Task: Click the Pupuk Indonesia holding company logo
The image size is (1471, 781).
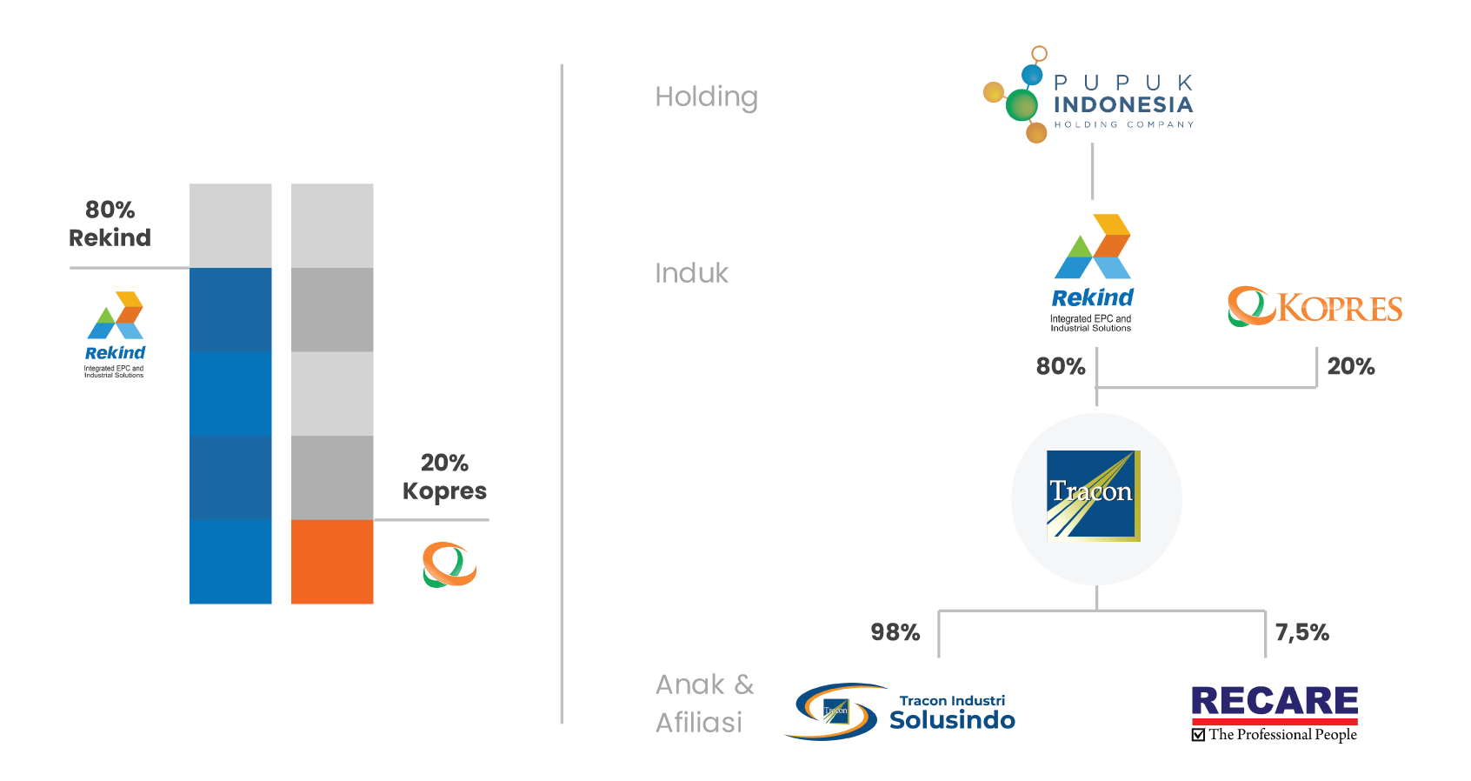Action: tap(1089, 96)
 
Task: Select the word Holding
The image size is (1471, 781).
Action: tap(706, 97)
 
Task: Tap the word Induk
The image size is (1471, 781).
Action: tap(691, 273)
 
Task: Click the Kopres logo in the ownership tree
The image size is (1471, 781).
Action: tap(1315, 307)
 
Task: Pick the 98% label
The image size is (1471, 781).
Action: tap(895, 632)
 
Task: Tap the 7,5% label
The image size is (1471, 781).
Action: tap(1301, 632)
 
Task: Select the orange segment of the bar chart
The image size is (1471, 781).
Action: tap(332, 562)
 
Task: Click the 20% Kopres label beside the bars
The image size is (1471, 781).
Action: tap(444, 477)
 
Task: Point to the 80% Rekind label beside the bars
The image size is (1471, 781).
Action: tap(110, 224)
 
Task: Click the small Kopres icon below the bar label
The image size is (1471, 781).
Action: tap(449, 565)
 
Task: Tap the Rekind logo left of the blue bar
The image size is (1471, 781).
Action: tap(115, 334)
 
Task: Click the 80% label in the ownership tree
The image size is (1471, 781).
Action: tap(1061, 366)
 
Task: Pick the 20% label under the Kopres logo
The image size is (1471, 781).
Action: tap(1351, 366)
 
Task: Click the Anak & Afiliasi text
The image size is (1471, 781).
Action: tap(704, 703)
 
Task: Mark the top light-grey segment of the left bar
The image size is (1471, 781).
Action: tap(230, 225)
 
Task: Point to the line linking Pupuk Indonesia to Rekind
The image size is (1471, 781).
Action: tap(1093, 171)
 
